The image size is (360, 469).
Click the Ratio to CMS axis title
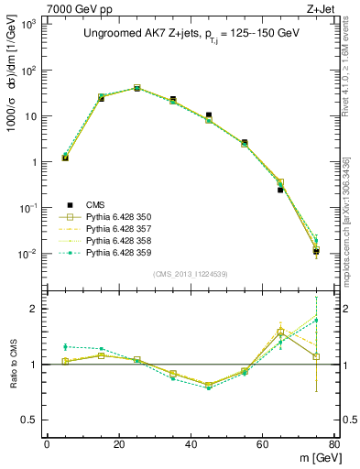click(14, 364)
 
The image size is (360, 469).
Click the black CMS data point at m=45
click(209, 115)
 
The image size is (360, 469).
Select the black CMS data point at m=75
click(316, 251)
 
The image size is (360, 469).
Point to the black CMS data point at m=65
click(280, 190)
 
